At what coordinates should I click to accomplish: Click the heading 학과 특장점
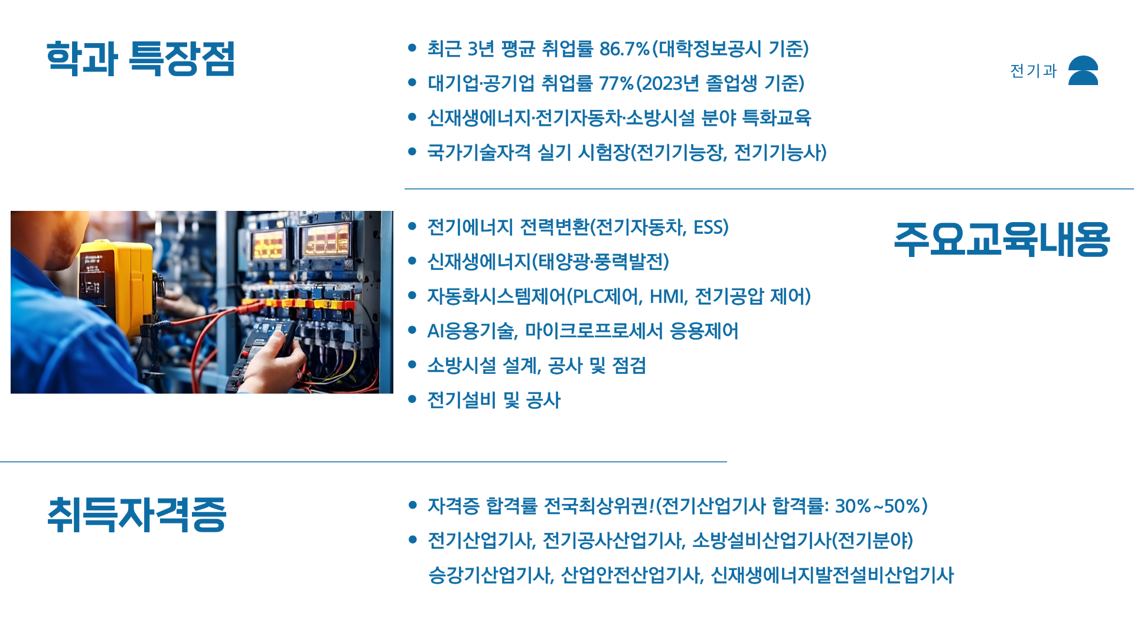click(141, 58)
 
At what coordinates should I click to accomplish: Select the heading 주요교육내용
click(1002, 239)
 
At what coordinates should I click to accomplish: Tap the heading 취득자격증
click(136, 515)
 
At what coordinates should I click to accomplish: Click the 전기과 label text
click(1033, 71)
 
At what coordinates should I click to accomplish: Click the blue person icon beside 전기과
click(1083, 70)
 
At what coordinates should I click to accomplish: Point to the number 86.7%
click(624, 48)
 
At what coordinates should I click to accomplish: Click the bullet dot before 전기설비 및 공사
click(412, 399)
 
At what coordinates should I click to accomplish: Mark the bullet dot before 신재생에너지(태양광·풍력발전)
click(412, 261)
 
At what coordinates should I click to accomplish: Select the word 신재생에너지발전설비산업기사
click(832, 575)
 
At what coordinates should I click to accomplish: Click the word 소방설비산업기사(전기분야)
click(802, 541)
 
